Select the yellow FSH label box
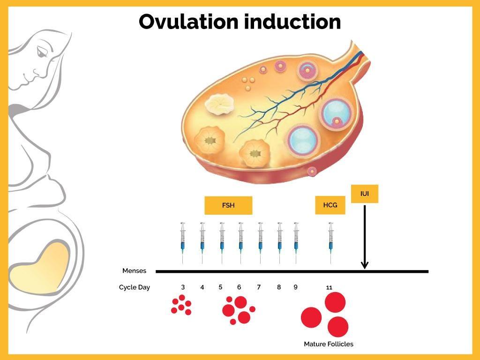click(228, 205)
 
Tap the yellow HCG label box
click(330, 205)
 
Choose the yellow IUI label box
click(364, 194)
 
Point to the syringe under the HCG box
click(330, 241)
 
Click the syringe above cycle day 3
click(183, 241)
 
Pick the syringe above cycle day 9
click(296, 241)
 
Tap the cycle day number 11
click(329, 287)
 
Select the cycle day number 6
click(239, 287)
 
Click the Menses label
click(134, 270)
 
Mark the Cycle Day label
click(134, 287)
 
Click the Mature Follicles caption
click(328, 344)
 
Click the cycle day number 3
click(183, 287)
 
